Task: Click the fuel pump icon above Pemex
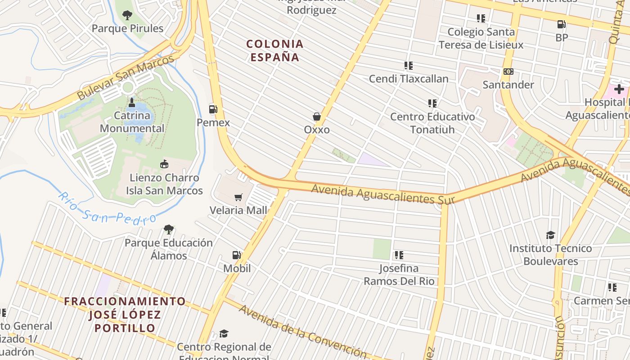[x=213, y=109]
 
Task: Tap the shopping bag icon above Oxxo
[x=317, y=117]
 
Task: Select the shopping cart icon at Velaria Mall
[x=238, y=197]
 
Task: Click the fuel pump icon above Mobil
[x=236, y=255]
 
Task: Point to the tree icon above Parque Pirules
[x=127, y=15]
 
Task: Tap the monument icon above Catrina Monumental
[x=132, y=102]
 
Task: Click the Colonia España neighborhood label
[x=275, y=50]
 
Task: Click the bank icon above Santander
[x=508, y=72]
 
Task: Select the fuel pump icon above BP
[x=561, y=24]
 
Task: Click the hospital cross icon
[x=619, y=89]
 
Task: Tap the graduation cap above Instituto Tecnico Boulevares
[x=550, y=235]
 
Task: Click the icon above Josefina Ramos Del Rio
[x=399, y=255]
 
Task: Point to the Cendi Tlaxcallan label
[x=409, y=79]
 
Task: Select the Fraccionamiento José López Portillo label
[x=125, y=314]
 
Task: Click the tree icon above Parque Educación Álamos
[x=169, y=229]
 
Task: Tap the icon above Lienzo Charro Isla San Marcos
[x=164, y=164]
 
